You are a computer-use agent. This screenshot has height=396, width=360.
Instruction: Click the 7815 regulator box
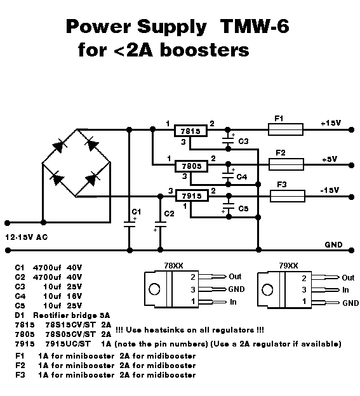(190, 131)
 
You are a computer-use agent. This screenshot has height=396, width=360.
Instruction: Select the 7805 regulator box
(192, 166)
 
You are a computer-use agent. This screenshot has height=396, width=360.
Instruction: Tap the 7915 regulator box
(192, 195)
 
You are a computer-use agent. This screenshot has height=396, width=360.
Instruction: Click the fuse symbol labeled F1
(286, 129)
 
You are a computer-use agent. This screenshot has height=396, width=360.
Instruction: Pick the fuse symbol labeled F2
(286, 164)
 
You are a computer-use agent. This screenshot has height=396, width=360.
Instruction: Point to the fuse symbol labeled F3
(288, 196)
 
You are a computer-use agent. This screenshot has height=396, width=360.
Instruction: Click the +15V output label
(331, 123)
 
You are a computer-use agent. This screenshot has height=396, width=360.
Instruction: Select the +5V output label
(330, 159)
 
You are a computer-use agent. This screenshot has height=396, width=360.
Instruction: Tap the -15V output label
(330, 190)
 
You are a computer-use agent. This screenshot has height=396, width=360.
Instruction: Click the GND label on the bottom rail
(333, 244)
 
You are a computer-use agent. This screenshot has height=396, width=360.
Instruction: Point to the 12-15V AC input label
(27, 237)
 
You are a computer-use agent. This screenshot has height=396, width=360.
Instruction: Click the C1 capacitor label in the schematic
(136, 211)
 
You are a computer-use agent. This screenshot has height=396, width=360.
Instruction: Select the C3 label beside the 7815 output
(244, 142)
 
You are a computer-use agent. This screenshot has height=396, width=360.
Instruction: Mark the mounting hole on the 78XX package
(154, 289)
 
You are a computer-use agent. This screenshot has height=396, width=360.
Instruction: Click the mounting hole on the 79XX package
(267, 289)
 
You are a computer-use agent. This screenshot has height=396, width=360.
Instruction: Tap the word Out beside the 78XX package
(235, 277)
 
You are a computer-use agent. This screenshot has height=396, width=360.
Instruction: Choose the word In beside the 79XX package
(345, 289)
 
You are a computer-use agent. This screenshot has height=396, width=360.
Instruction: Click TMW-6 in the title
(255, 26)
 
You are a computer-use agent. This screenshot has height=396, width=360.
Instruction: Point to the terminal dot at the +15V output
(351, 130)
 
